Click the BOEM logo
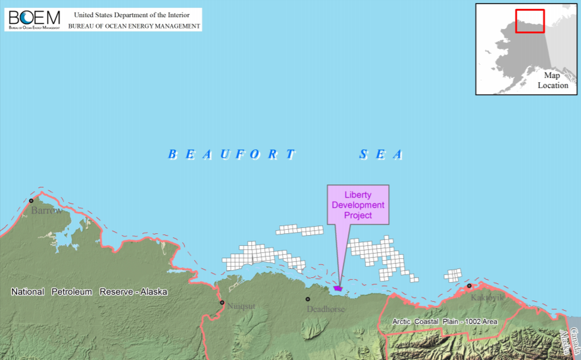pos(34,19)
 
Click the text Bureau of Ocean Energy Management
pos(134,26)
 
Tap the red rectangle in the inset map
pos(530,21)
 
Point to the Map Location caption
pos(552,80)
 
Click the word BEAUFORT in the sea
pos(232,155)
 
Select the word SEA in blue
pos(381,155)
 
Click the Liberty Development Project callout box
pos(358,205)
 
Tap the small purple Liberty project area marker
pos(338,288)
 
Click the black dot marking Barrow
pos(32,201)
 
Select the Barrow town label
pos(46,211)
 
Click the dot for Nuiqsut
pos(222,302)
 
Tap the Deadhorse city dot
pos(308,299)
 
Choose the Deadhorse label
pos(326,309)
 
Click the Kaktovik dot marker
pos(469,286)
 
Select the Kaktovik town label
pos(487,296)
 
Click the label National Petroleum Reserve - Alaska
pos(90,292)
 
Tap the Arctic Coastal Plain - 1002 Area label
pos(445,321)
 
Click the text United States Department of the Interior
pos(132,15)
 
